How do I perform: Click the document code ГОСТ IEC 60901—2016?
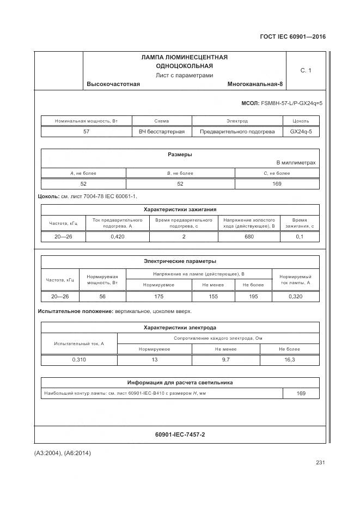[x=293, y=37]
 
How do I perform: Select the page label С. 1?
[x=306, y=70]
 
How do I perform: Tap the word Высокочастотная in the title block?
[x=113, y=84]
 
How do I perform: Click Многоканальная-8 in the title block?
[x=255, y=84]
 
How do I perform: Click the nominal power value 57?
[x=86, y=131]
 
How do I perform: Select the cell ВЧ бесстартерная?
[x=162, y=131]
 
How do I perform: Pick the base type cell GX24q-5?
[x=301, y=131]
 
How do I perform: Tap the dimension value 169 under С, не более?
[x=277, y=183]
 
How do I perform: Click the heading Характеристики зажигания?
[x=180, y=209]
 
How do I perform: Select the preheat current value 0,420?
[x=118, y=236]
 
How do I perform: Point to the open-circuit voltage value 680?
[x=249, y=236]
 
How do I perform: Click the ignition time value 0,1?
[x=300, y=236]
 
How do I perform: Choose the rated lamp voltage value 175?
[x=158, y=296]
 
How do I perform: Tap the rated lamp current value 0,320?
[x=295, y=296]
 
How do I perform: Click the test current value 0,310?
[x=79, y=359]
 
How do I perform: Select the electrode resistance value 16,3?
[x=290, y=359]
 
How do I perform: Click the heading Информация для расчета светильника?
[x=180, y=382]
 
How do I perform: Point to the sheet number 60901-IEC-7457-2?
[x=180, y=434]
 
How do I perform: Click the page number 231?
[x=320, y=463]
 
